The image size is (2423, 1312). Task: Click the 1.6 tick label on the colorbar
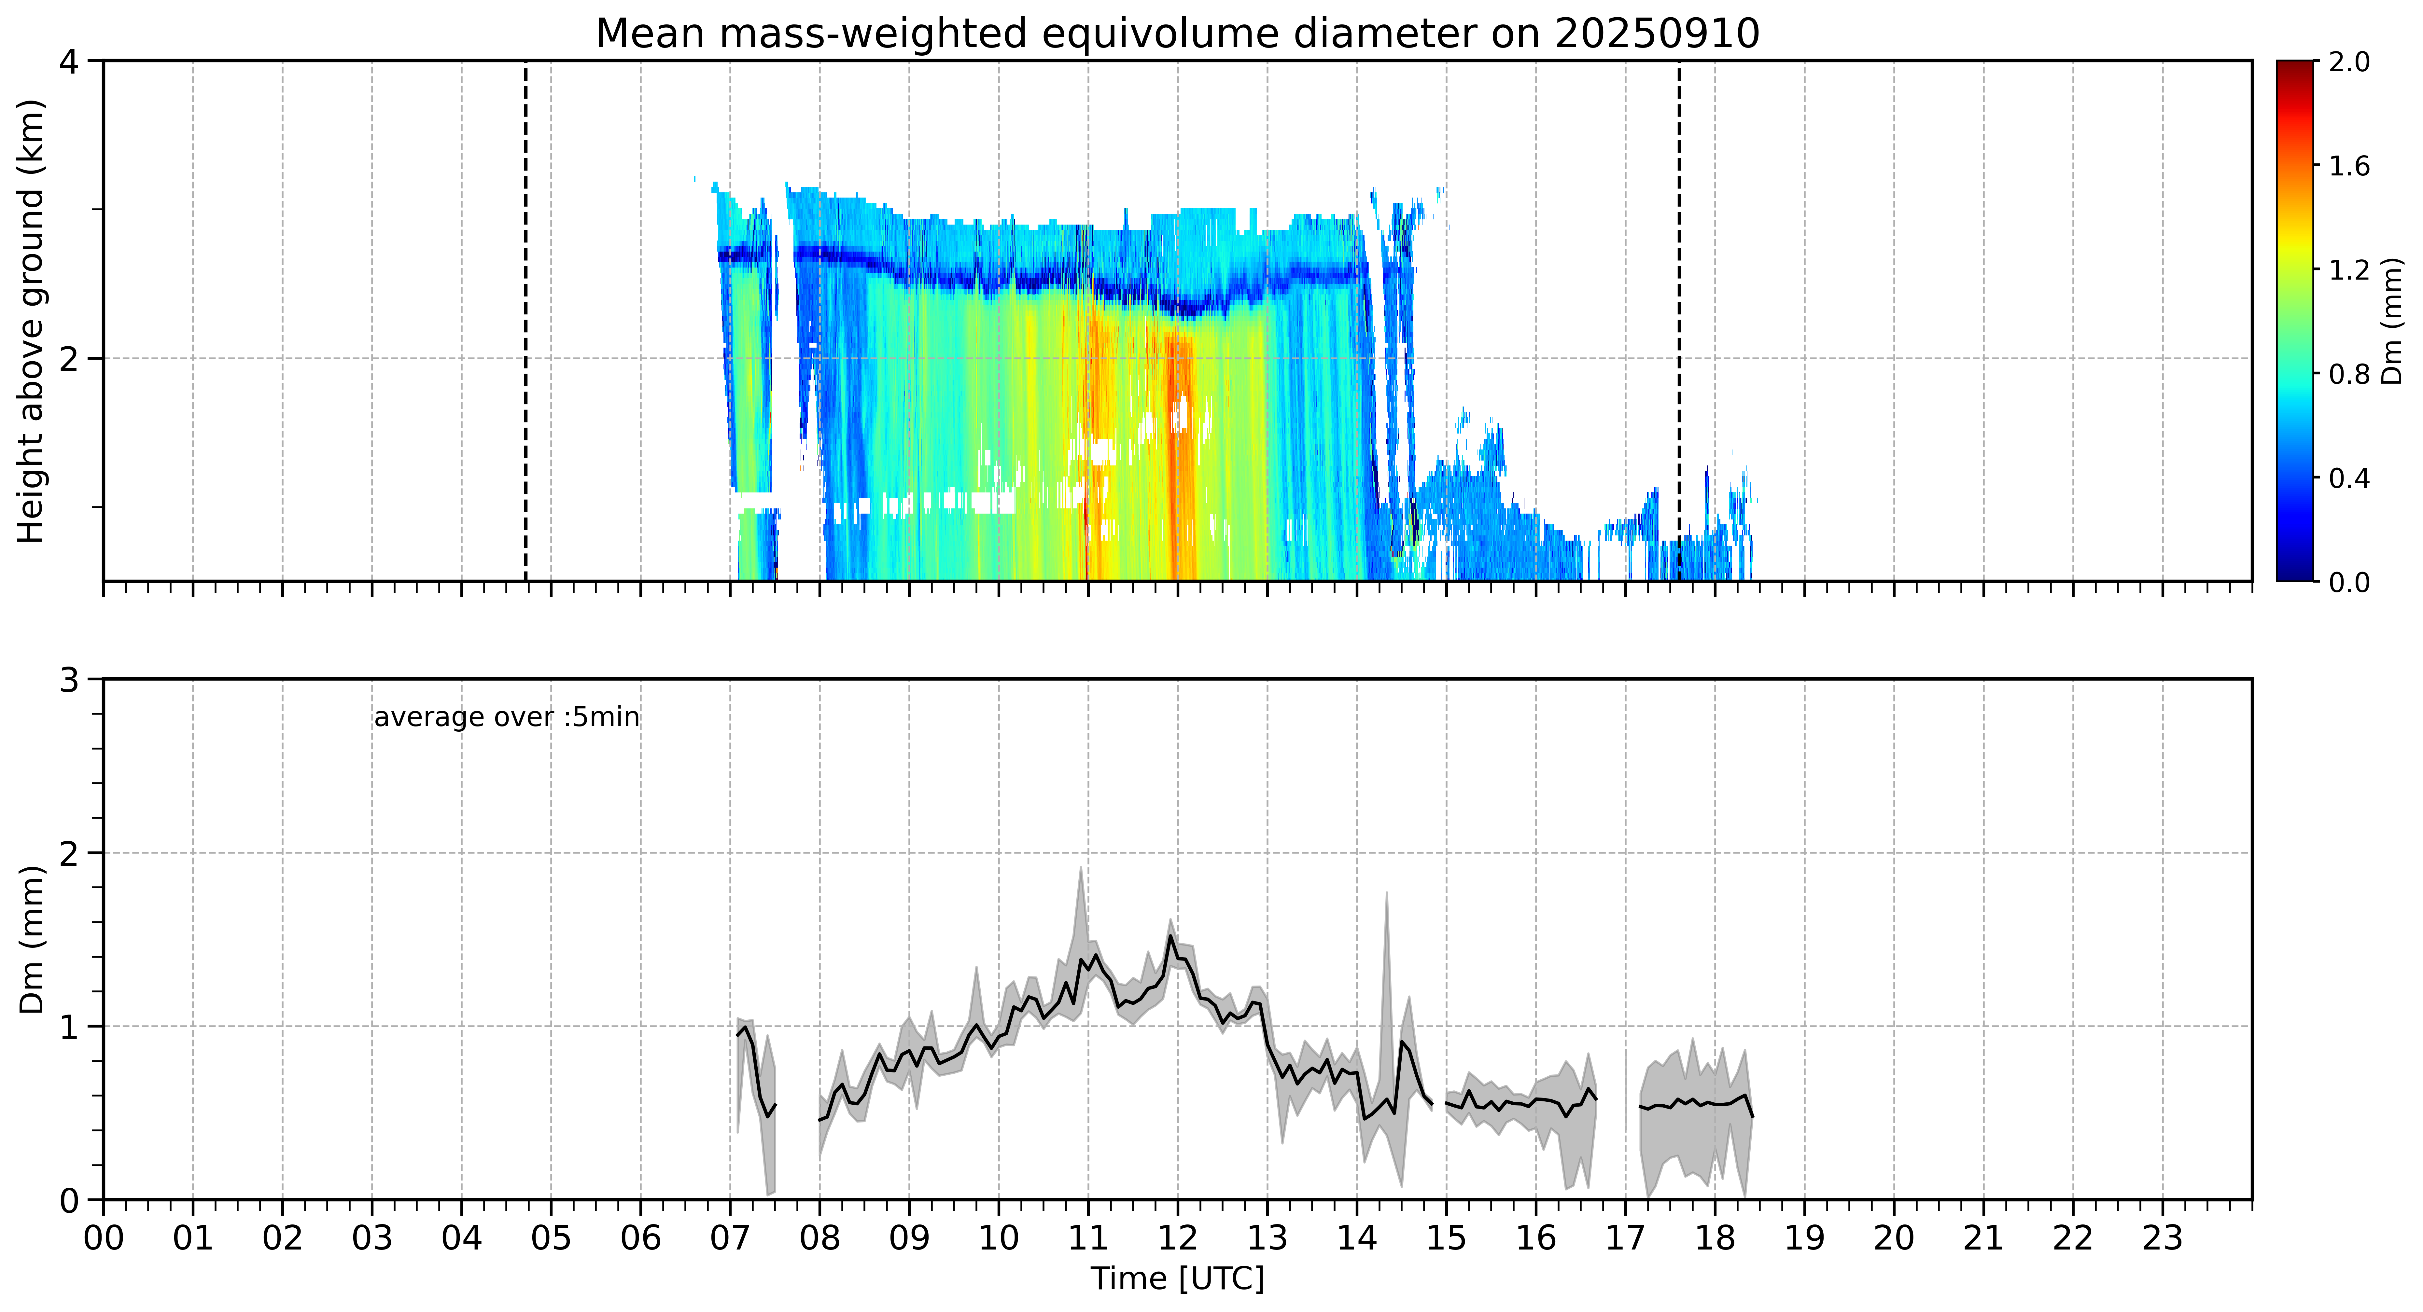coord(2349,166)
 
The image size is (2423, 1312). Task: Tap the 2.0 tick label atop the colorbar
coord(2349,62)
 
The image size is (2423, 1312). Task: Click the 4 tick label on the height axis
coord(69,62)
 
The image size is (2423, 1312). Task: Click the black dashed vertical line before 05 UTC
coord(525,321)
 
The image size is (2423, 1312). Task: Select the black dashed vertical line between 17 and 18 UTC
coord(1679,321)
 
